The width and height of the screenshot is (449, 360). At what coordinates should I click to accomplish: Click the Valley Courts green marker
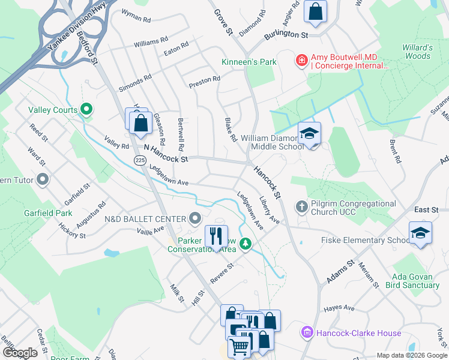[87, 110]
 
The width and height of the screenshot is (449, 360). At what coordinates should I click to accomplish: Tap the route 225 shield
[139, 160]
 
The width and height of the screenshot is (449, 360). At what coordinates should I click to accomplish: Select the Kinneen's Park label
[248, 62]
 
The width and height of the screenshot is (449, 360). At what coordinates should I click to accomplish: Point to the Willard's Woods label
[417, 52]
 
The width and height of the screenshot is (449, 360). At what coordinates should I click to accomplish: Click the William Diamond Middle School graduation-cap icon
[309, 134]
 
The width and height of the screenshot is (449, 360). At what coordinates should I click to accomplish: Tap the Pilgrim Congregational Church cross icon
[302, 207]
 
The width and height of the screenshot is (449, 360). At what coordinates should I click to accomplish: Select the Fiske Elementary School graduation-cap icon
[420, 233]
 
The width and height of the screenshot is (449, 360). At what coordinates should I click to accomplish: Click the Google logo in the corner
[20, 353]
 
